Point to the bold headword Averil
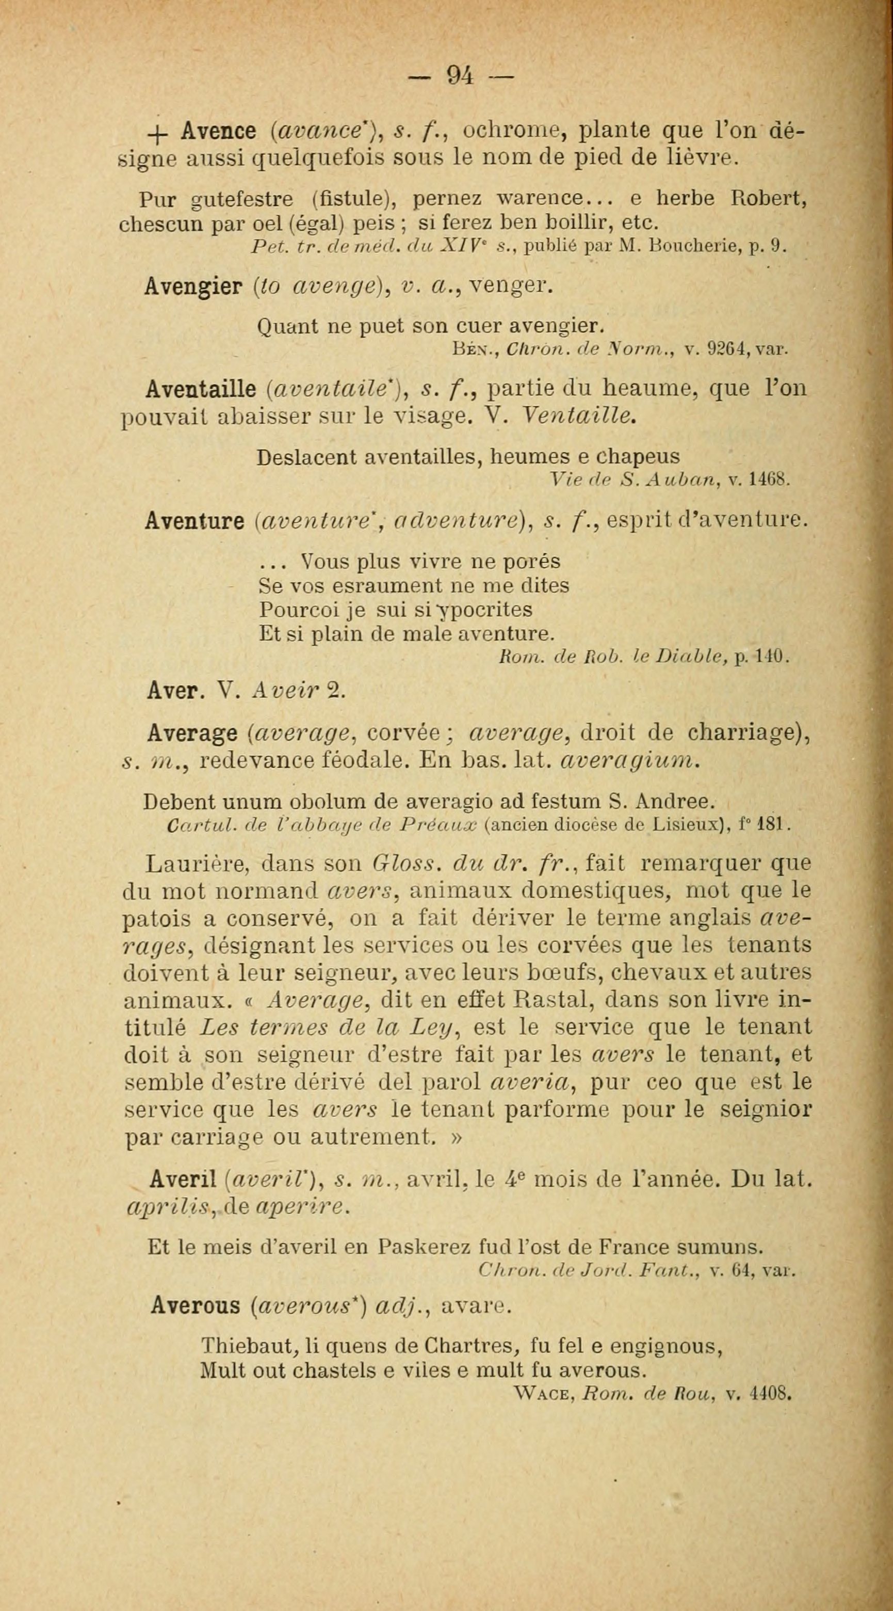[181, 1179]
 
